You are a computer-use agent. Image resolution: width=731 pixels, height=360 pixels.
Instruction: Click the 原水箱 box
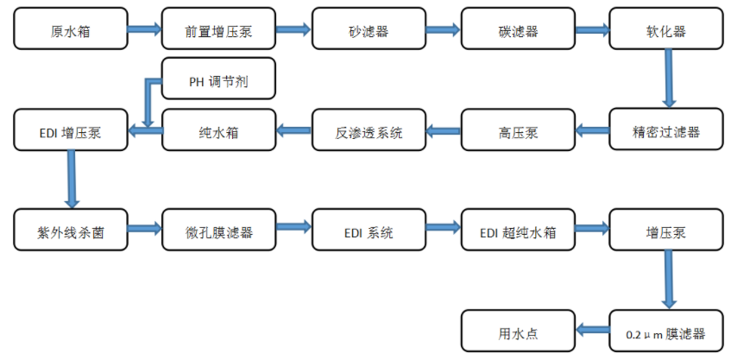pyautogui.click(x=70, y=30)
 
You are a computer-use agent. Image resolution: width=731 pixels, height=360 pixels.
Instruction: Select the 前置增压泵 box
pyautogui.click(x=219, y=30)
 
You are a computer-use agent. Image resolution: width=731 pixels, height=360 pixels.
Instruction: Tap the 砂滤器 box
pyautogui.click(x=369, y=30)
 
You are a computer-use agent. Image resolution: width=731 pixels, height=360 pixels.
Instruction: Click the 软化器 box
pyautogui.click(x=666, y=30)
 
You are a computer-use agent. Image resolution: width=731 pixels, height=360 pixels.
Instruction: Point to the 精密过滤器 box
pyautogui.click(x=666, y=131)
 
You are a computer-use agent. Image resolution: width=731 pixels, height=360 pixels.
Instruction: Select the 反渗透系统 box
pyautogui.click(x=369, y=131)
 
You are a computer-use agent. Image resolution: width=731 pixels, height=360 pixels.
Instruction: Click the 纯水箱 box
pyautogui.click(x=219, y=131)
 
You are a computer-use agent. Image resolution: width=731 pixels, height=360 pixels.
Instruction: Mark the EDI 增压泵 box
pyautogui.click(x=70, y=131)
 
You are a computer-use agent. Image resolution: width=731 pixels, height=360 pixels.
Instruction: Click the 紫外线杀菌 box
pyautogui.click(x=70, y=231)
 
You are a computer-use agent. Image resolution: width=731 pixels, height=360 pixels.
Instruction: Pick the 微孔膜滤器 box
pyautogui.click(x=219, y=231)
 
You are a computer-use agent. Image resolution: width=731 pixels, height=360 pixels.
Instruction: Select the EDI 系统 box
pyautogui.click(x=369, y=231)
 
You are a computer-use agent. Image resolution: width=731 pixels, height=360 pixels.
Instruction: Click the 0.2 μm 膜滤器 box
pyautogui.click(x=666, y=331)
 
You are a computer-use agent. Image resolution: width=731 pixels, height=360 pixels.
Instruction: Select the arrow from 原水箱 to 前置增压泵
pyautogui.click(x=144, y=29)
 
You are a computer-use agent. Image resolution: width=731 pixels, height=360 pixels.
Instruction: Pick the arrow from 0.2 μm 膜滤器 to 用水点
pyautogui.click(x=592, y=329)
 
